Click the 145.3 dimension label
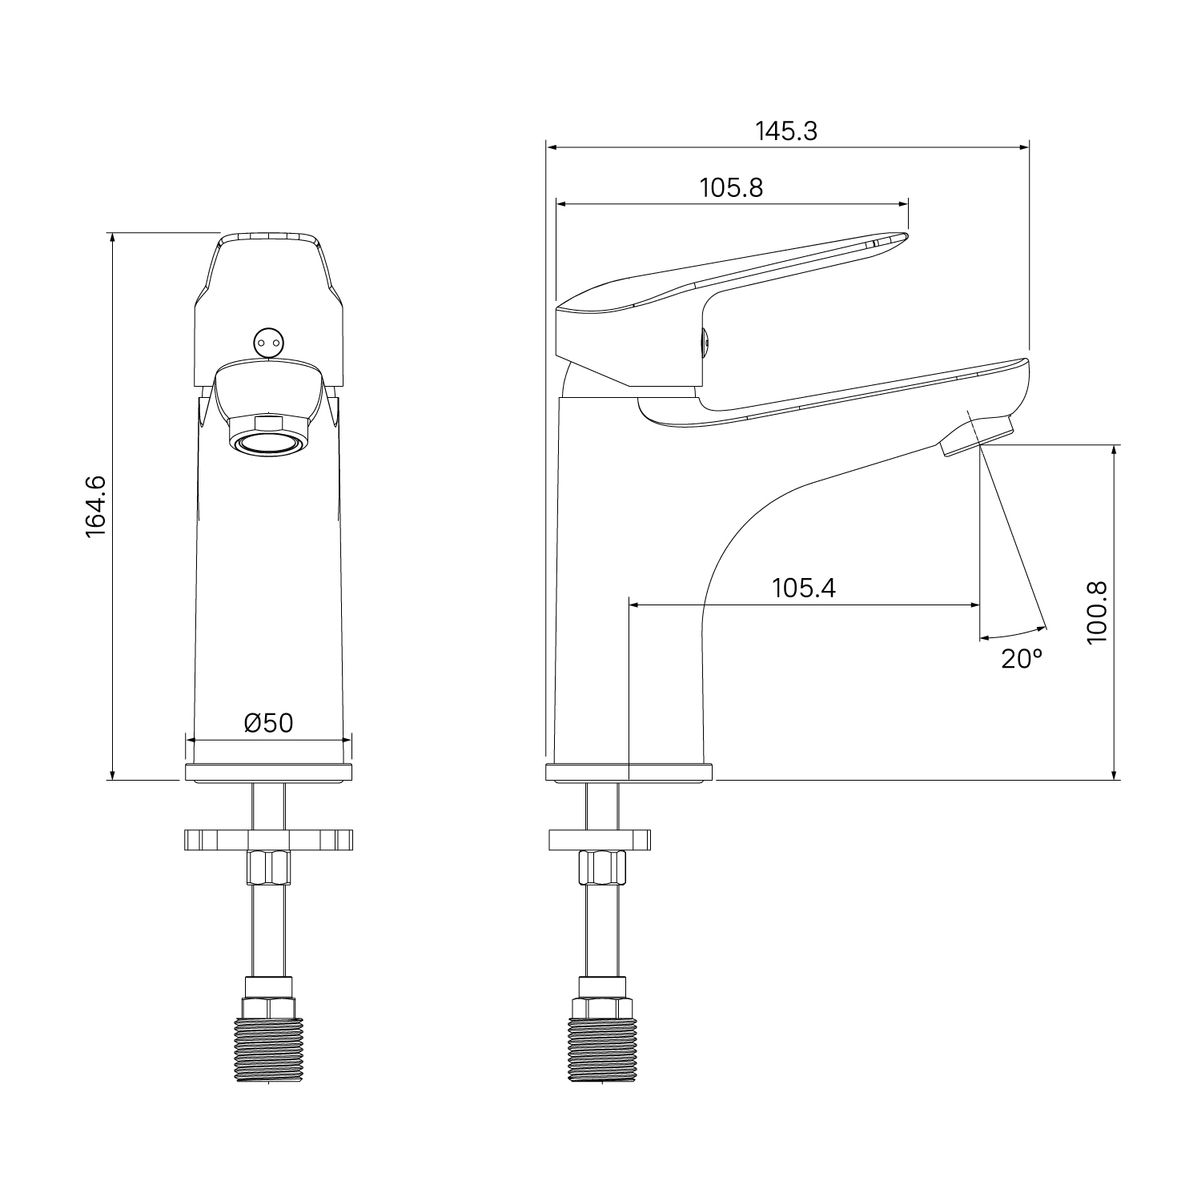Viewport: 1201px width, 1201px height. pos(786,131)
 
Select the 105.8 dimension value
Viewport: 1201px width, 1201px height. pos(731,188)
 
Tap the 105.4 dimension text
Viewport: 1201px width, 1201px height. pos(803,588)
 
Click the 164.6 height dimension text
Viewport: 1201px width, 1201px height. pos(95,506)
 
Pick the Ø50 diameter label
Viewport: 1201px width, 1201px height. pos(268,723)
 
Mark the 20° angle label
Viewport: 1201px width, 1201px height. pos(1022,659)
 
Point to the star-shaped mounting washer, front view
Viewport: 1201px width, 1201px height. pos(268,840)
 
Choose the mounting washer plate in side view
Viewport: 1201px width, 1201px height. pos(600,840)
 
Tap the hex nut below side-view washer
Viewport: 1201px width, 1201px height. pos(600,867)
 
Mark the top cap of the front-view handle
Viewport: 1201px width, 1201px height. pos(268,238)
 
